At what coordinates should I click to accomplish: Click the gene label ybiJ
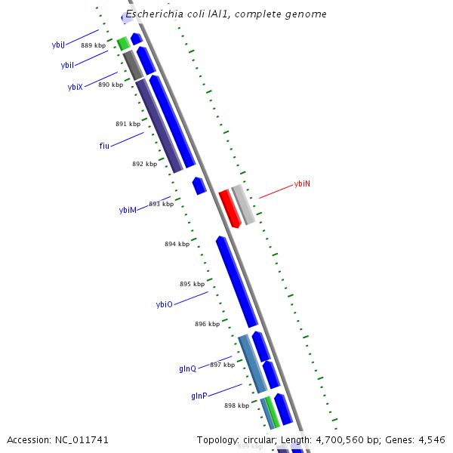pyautogui.click(x=58, y=45)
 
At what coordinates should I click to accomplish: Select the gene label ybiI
pyautogui.click(x=67, y=66)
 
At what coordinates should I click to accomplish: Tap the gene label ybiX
pyautogui.click(x=75, y=88)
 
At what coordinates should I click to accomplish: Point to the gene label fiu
pyautogui.click(x=104, y=146)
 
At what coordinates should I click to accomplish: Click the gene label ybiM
pyautogui.click(x=128, y=210)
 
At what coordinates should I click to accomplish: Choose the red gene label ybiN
pyautogui.click(x=302, y=184)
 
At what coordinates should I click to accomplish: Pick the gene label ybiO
pyautogui.click(x=165, y=304)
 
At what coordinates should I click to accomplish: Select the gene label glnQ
pyautogui.click(x=187, y=368)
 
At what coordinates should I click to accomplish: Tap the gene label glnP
pyautogui.click(x=199, y=396)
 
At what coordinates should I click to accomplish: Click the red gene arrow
pyautogui.click(x=230, y=208)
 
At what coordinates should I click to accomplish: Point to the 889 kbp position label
pyautogui.click(x=93, y=46)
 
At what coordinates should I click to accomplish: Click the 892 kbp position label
pyautogui.click(x=144, y=164)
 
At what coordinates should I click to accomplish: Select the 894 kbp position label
pyautogui.click(x=177, y=244)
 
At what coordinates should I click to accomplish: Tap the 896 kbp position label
pyautogui.click(x=207, y=324)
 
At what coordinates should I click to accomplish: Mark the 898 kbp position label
pyautogui.click(x=236, y=405)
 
